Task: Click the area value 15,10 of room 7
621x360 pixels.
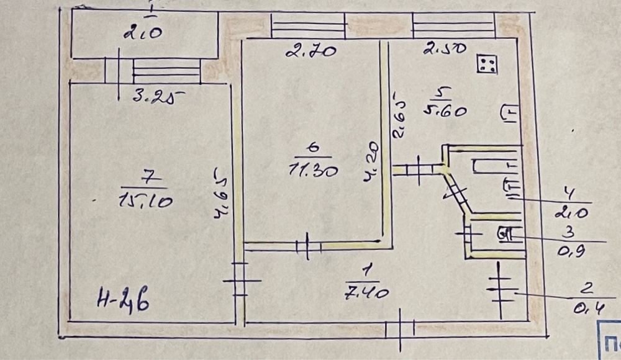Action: [x=144, y=200]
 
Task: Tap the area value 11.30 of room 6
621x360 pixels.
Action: [x=314, y=169]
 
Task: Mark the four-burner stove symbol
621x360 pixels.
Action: [x=487, y=64]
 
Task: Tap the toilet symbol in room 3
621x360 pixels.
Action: [x=504, y=235]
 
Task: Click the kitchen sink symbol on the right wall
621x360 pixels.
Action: [x=509, y=114]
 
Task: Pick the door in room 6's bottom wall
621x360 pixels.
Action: [x=307, y=246]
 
